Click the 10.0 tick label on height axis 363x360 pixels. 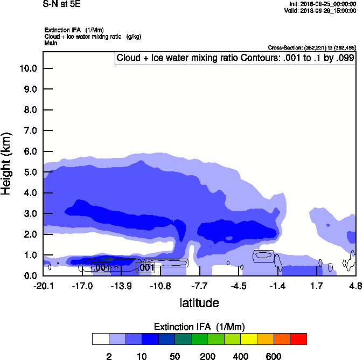pos(27,68)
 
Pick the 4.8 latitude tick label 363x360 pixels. pos(355,285)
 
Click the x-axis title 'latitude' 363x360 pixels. pos(199,303)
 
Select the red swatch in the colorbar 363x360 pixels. pos(298,339)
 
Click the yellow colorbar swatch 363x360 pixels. pos(249,339)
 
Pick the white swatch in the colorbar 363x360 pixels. pos(100,339)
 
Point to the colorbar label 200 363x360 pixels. pos(208,356)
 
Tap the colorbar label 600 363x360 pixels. pos(274,356)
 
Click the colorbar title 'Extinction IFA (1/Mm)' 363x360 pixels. pos(199,327)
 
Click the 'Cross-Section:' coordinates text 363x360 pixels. pos(312,47)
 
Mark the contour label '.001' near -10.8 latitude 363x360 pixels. pos(145,267)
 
